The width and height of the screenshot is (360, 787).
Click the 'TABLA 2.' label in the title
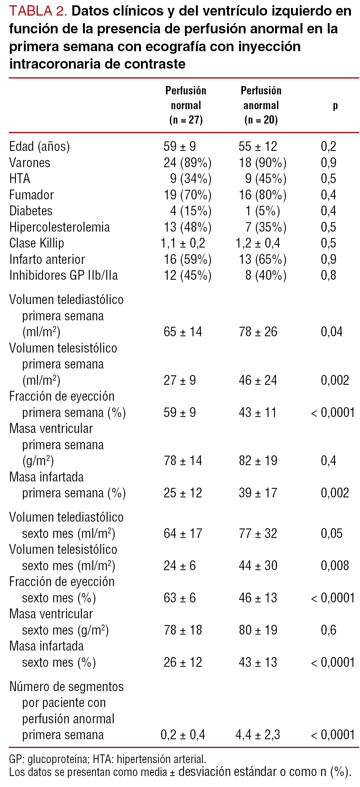click(x=38, y=11)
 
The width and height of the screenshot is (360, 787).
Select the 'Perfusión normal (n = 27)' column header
click(x=186, y=105)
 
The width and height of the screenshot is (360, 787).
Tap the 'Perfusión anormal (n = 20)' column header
click(x=261, y=105)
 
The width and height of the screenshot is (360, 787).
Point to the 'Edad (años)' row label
click(x=39, y=146)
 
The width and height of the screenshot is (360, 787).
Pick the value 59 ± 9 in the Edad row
click(x=180, y=146)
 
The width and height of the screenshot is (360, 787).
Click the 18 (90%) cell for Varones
click(x=262, y=163)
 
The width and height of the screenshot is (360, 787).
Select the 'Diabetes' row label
click(x=31, y=211)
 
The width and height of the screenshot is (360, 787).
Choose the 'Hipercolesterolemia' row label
click(x=59, y=227)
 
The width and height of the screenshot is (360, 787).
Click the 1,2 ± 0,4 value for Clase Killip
click(x=258, y=243)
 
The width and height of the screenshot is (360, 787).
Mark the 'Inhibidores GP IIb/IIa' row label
click(x=63, y=275)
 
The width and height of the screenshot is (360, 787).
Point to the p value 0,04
click(x=332, y=332)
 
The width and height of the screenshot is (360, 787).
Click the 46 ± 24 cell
click(x=258, y=380)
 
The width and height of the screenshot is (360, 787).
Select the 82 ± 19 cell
click(x=258, y=461)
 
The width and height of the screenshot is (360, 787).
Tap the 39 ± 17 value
click(x=258, y=493)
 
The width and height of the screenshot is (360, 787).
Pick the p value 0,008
click(x=335, y=566)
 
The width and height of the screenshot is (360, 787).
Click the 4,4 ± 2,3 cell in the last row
click(x=258, y=735)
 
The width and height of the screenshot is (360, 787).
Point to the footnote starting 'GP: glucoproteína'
click(x=108, y=759)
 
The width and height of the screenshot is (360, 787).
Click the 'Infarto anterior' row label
click(x=47, y=259)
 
